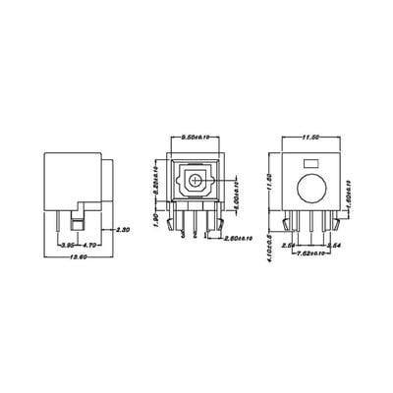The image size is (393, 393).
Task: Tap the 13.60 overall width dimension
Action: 76,256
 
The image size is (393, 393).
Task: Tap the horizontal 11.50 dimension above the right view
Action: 310,139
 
